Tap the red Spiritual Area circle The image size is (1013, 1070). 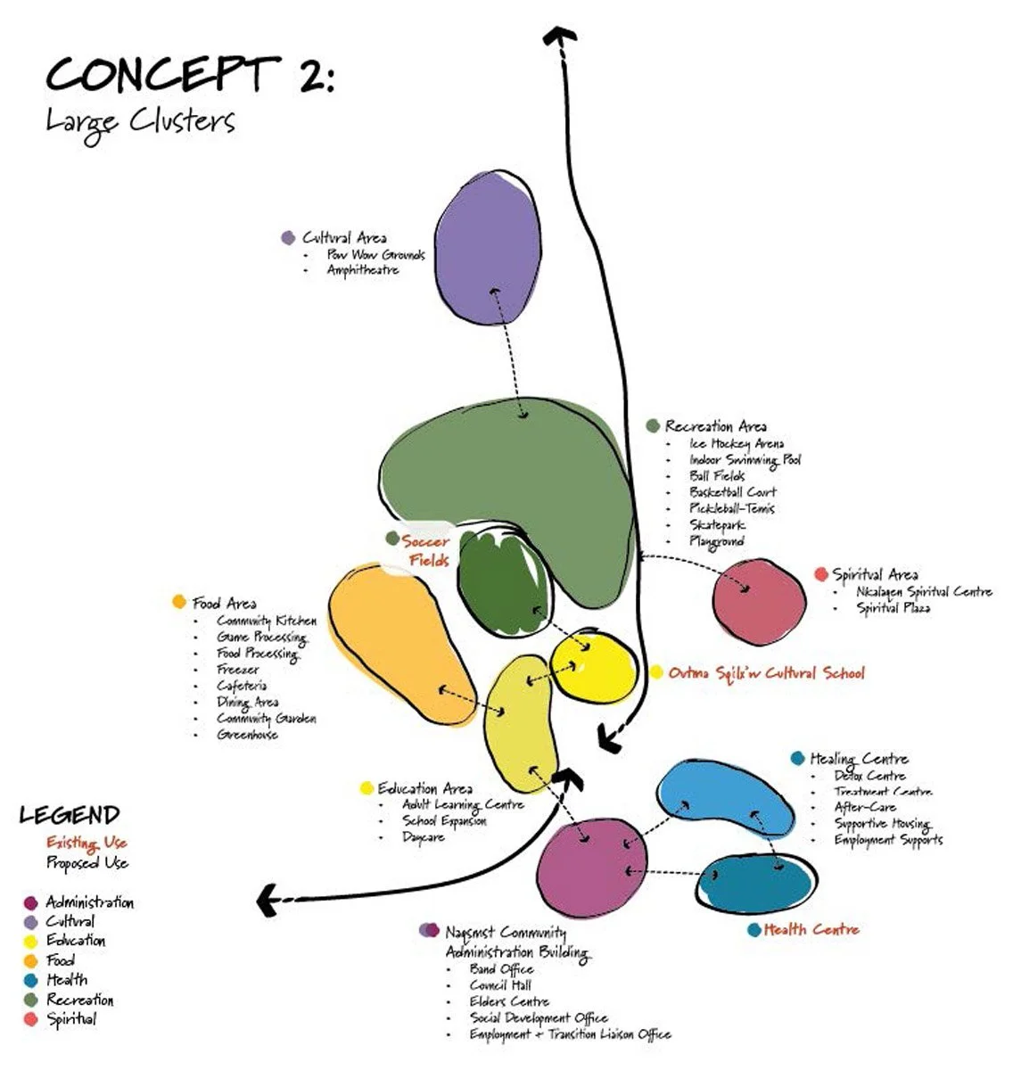point(759,601)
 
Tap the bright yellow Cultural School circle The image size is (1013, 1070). point(594,667)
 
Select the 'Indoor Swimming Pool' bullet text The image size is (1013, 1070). point(745,459)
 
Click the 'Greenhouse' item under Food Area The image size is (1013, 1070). point(247,735)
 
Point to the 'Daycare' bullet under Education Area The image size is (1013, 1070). point(424,837)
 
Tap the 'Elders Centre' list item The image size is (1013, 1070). point(509,1001)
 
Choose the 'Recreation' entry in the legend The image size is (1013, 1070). point(80,1000)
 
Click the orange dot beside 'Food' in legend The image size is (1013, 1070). point(30,961)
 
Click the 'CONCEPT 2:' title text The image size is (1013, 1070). point(189,75)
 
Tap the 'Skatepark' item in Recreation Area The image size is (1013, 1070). point(717,525)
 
